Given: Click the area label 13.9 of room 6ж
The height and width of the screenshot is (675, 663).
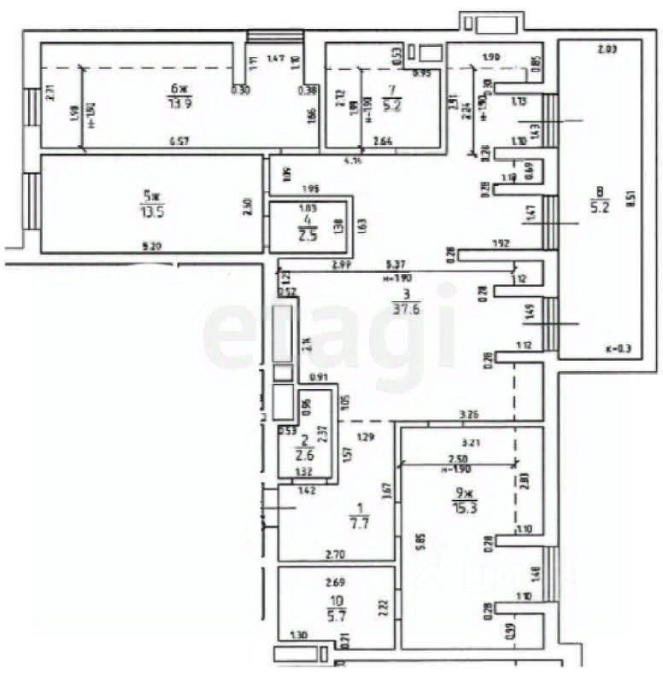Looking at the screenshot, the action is (x=179, y=103).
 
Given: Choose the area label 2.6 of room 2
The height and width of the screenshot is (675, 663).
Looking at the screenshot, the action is (x=304, y=455).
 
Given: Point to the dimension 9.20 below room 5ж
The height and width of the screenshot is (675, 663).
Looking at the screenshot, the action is (x=151, y=247).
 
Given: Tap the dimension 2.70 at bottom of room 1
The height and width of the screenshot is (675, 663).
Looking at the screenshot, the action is (x=336, y=554).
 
